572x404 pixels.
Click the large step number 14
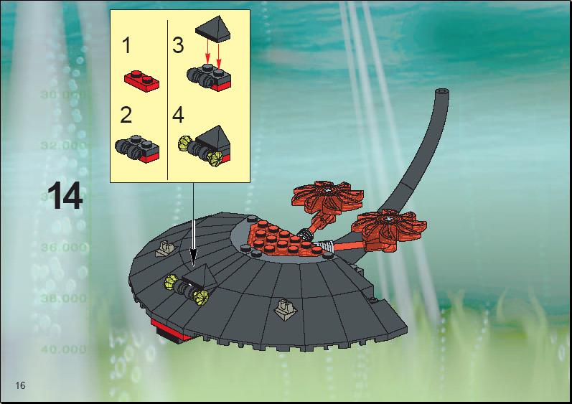(x=65, y=196)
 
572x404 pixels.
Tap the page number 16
(x=20, y=385)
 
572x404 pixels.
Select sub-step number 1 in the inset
(x=126, y=46)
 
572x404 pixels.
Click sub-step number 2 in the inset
(x=126, y=115)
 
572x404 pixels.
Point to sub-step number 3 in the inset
(x=178, y=46)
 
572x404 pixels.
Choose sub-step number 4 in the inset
(x=178, y=115)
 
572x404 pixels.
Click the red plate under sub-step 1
(x=141, y=80)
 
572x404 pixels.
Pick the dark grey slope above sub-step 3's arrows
(x=214, y=29)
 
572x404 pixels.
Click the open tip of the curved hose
(x=442, y=91)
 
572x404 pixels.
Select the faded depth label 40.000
(x=64, y=349)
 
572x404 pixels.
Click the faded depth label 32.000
(x=64, y=146)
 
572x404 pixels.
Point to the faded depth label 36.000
(x=64, y=248)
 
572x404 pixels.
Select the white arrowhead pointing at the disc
(x=193, y=259)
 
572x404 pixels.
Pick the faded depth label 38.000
(x=64, y=299)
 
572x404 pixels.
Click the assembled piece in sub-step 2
(x=137, y=151)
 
